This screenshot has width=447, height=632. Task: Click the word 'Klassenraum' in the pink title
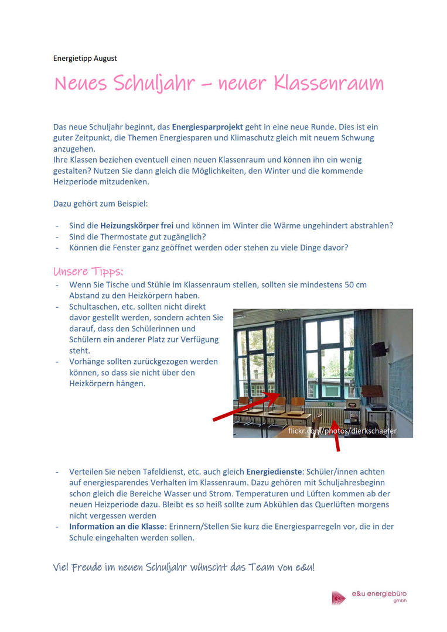tap(328, 84)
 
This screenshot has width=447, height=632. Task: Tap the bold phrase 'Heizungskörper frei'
tap(137, 225)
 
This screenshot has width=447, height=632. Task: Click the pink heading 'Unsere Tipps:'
tap(88, 272)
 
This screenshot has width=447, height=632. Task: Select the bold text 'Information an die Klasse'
tap(115, 527)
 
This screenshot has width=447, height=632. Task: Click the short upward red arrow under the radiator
tap(336, 437)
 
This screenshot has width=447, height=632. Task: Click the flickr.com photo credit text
tap(342, 431)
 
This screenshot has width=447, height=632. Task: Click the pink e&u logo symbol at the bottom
tap(339, 597)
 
